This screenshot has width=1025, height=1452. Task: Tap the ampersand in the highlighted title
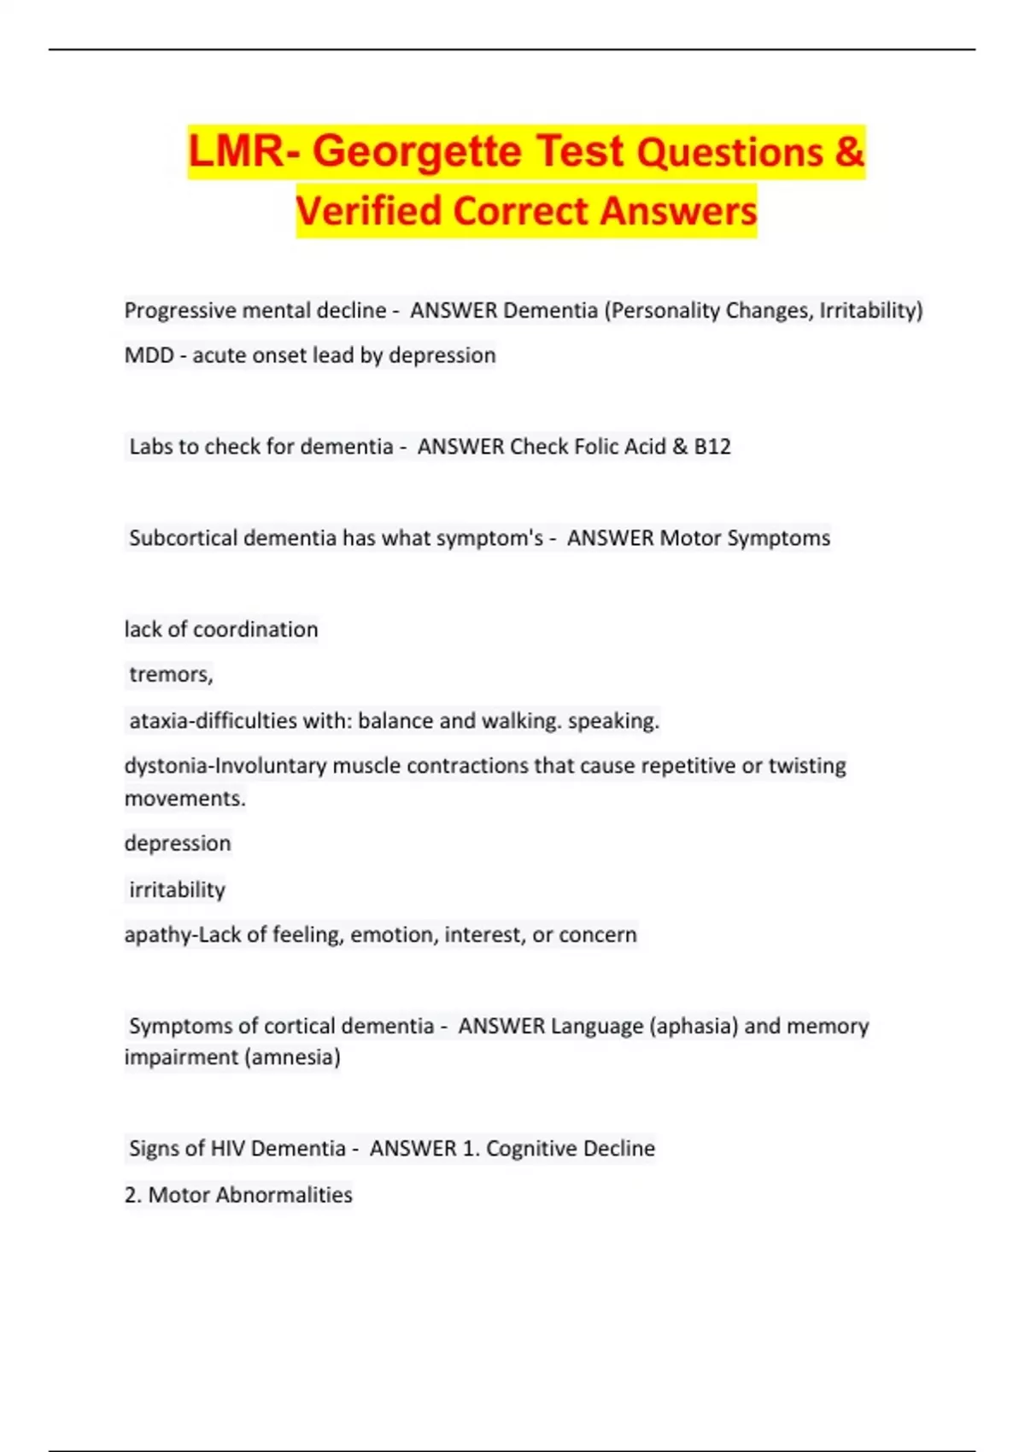849,151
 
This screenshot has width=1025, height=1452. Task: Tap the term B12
712,447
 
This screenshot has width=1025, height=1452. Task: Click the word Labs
150,447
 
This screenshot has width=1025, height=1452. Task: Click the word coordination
255,629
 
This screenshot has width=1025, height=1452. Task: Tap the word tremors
170,675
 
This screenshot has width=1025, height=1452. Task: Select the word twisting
807,766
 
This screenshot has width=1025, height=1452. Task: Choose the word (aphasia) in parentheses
693,1026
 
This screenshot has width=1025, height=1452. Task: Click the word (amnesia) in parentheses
292,1057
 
